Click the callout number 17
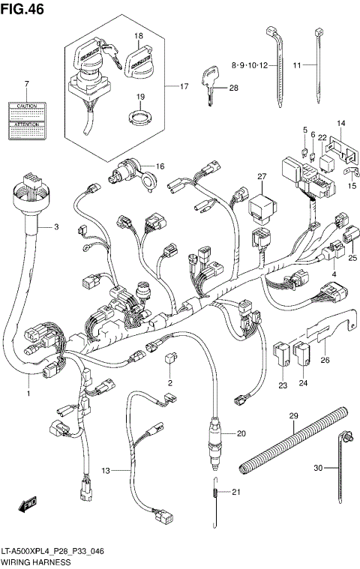(184, 86)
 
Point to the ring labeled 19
(139, 116)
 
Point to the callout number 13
(106, 470)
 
